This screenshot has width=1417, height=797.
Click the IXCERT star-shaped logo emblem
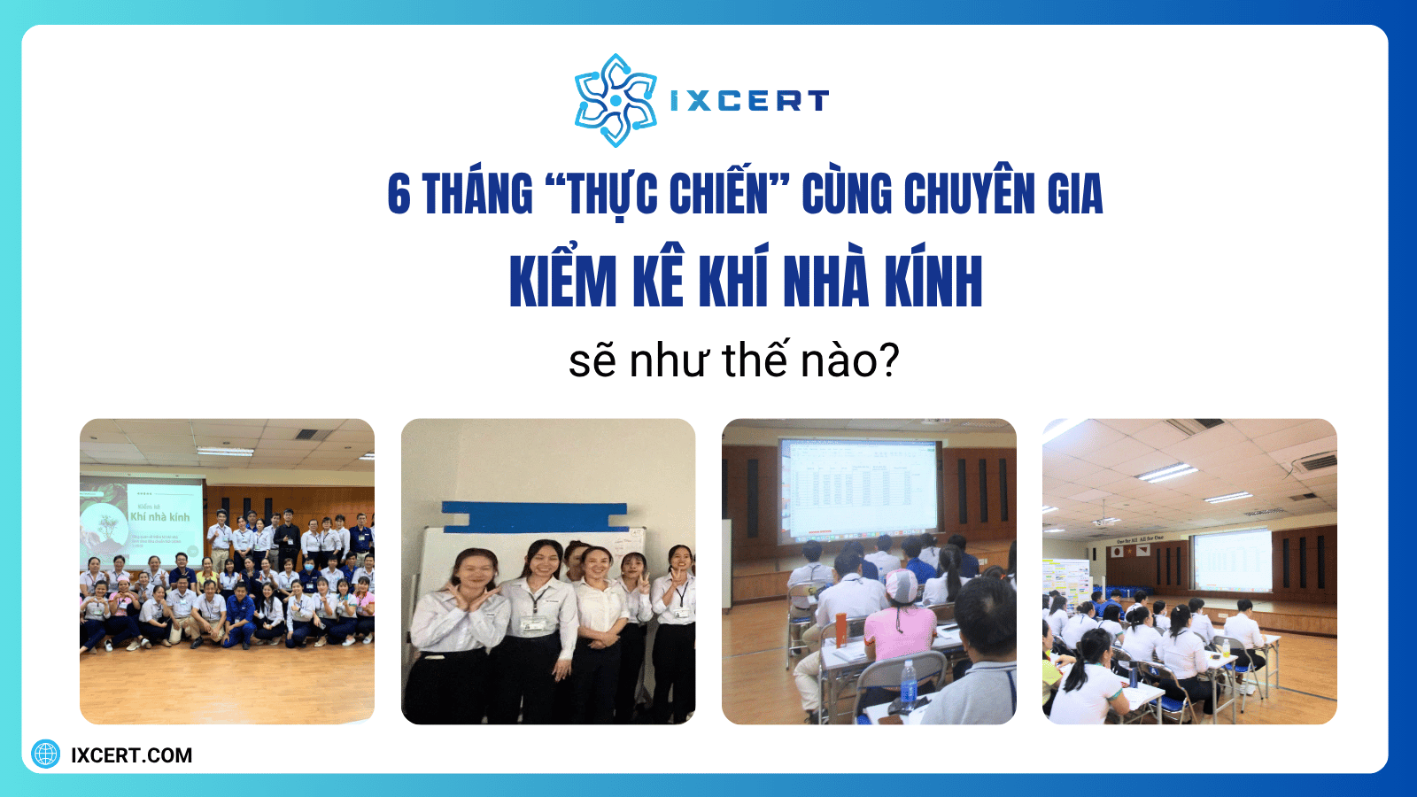coord(615,100)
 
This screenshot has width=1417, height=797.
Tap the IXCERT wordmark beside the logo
coord(749,101)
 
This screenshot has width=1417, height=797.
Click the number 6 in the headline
coord(399,194)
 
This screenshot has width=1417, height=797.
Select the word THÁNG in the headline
coord(477,194)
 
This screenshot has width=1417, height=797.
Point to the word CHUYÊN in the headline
coord(969,194)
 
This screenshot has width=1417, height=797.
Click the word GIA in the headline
coord(1075,194)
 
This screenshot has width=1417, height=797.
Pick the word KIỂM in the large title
coord(563,282)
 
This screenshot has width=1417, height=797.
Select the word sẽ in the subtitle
coord(592,361)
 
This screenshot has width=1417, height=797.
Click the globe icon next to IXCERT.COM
coord(46,754)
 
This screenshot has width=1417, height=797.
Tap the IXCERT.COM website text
coord(131,755)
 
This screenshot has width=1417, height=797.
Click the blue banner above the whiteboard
coord(534,516)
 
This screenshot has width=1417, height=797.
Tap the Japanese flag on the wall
coord(1119,551)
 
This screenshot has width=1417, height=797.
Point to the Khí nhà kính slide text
coord(159,516)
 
